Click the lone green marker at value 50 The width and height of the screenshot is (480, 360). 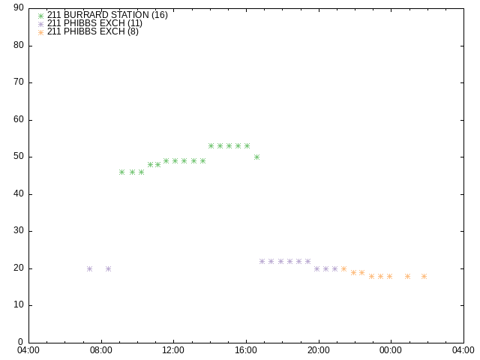(x=256, y=157)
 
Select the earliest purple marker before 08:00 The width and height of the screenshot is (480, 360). (x=90, y=268)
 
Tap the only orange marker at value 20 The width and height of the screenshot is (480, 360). (x=343, y=268)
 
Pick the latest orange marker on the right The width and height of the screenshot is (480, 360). (x=424, y=277)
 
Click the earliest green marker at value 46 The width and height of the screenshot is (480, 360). (x=121, y=172)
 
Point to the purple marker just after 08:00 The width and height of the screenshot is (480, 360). (x=108, y=268)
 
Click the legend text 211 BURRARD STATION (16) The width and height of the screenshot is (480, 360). (x=107, y=15)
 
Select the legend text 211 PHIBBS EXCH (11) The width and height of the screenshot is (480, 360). (x=94, y=23)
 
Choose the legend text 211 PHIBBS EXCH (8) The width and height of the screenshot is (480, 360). (x=93, y=31)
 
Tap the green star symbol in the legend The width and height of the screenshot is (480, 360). (x=40, y=16)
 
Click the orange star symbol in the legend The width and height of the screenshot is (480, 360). (x=40, y=32)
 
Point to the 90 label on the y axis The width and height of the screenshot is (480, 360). (x=19, y=7)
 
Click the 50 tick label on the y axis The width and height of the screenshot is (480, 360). (x=19, y=157)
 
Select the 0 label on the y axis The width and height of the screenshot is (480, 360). (x=21, y=342)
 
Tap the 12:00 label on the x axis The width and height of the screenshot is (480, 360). (x=173, y=350)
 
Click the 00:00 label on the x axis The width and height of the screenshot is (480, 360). (x=391, y=350)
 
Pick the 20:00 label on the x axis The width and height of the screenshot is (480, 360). (x=318, y=350)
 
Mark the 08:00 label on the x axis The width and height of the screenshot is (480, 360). (x=100, y=350)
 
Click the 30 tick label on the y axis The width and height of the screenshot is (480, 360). (x=19, y=230)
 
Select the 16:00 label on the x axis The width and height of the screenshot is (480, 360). (x=246, y=350)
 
